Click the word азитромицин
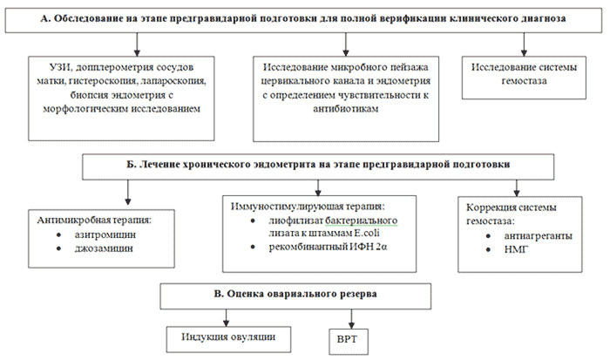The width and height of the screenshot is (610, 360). (105, 234)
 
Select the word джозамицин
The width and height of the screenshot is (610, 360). (104, 248)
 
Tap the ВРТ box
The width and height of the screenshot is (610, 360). (349, 342)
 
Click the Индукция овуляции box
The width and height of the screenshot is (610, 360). (228, 339)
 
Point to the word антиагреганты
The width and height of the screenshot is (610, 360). (538, 236)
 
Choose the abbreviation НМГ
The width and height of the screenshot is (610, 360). (516, 249)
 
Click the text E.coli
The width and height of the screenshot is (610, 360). (367, 233)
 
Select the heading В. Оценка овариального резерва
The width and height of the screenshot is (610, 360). (295, 294)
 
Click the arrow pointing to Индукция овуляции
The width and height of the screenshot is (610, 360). (226, 317)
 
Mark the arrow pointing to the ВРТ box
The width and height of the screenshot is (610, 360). (351, 319)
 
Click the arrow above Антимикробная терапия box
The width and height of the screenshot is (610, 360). (127, 193)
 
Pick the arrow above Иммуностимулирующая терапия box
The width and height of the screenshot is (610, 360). (318, 187)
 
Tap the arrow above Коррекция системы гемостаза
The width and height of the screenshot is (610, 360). (517, 187)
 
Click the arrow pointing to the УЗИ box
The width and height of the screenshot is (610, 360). (137, 44)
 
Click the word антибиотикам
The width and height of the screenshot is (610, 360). (345, 109)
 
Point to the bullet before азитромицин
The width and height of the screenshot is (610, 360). (58, 235)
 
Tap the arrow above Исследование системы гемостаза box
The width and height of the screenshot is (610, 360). (524, 44)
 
